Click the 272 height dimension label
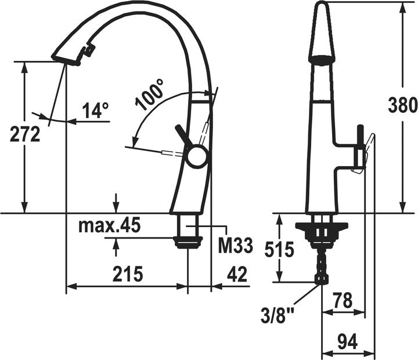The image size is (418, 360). click(25, 134)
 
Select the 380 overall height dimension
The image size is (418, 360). click(403, 105)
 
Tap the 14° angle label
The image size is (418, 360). click(95, 110)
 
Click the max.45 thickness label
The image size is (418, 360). click(110, 225)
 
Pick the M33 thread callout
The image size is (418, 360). click(235, 246)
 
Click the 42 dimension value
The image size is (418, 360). click(237, 274)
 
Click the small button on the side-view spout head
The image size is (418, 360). click(89, 51)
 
